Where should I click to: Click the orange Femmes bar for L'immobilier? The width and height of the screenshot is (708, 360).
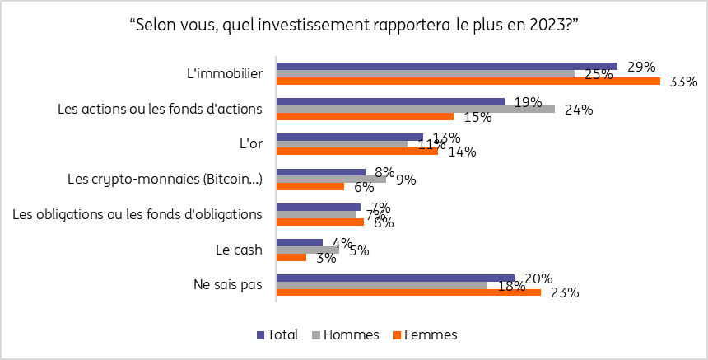pos(468,81)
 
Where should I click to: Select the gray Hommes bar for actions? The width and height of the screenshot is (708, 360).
pos(415,109)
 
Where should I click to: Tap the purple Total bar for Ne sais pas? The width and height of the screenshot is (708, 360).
pos(395,278)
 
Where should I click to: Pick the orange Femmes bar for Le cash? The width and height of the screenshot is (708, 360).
pos(291,257)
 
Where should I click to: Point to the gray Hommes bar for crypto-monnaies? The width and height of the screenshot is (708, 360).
pos(331,179)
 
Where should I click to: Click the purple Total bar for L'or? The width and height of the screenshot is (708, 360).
pos(349,137)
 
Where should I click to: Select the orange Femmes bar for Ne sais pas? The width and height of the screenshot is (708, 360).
pos(408,292)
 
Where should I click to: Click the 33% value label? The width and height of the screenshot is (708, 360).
pos(684,82)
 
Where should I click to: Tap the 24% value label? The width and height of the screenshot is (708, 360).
pos(579,110)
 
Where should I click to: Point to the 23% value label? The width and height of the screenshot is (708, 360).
pos(565,292)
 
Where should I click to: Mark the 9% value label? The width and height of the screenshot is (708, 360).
pos(406,180)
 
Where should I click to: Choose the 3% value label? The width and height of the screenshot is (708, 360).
pos(326,258)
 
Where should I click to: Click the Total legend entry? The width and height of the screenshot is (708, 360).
pos(277,334)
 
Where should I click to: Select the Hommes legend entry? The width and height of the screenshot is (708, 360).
pos(345,334)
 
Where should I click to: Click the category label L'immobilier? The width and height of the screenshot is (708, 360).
pos(225,73)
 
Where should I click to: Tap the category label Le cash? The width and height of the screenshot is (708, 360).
pos(239,250)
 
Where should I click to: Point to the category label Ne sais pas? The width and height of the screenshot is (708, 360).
pos(228,285)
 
